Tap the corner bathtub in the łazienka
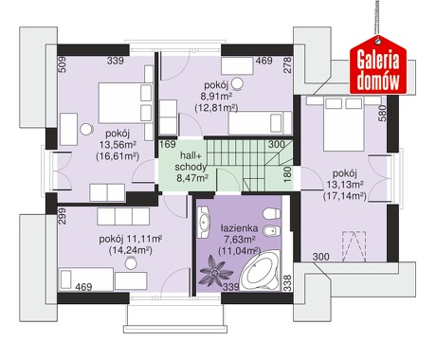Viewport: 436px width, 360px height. pyautogui.click(x=260, y=271)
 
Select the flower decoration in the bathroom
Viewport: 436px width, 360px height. pyautogui.click(x=216, y=271)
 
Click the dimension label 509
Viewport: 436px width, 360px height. pyautogui.click(x=63, y=64)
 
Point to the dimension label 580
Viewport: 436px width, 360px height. pyautogui.click(x=382, y=113)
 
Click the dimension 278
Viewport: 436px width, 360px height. pyautogui.click(x=287, y=65)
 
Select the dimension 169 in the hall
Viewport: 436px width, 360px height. pyautogui.click(x=168, y=144)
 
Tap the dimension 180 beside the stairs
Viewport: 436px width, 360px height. pyautogui.click(x=287, y=174)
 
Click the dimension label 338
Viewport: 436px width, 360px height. pyautogui.click(x=287, y=282)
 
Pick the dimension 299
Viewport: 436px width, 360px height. pyautogui.click(x=63, y=216)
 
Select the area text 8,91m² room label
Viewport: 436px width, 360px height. pyautogui.click(x=216, y=96)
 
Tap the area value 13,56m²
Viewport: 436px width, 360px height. pyautogui.click(x=118, y=145)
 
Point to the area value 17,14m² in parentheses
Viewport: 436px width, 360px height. pyautogui.click(x=344, y=196)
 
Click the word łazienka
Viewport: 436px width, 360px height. pyautogui.click(x=239, y=228)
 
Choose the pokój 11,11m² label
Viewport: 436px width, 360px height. pyautogui.click(x=131, y=239)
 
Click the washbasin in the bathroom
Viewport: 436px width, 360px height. pyautogui.click(x=204, y=223)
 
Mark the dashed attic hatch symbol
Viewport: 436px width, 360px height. pyautogui.click(x=354, y=246)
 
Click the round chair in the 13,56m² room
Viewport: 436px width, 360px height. pyautogui.click(x=86, y=129)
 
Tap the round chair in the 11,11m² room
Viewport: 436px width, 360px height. pyautogui.click(x=131, y=262)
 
